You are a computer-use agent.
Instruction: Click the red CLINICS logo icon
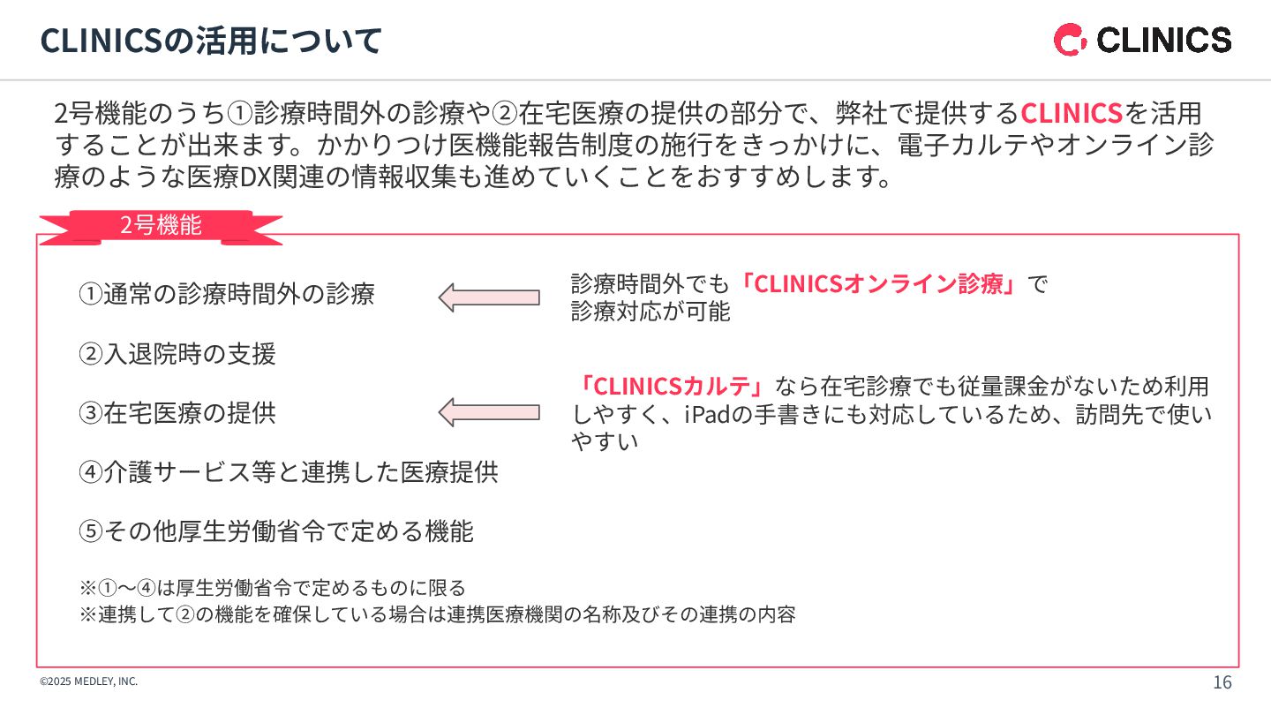click(x=1071, y=41)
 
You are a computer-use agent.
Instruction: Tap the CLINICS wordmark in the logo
click(x=1163, y=41)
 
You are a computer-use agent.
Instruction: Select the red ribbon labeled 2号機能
click(x=161, y=226)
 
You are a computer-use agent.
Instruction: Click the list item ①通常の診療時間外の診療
click(x=227, y=294)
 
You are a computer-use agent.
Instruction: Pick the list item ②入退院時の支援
click(x=177, y=354)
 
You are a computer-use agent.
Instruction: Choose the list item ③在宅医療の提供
click(x=177, y=413)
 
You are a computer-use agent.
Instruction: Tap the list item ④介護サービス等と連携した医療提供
click(x=289, y=472)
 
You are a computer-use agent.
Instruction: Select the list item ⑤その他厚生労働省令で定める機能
click(x=276, y=531)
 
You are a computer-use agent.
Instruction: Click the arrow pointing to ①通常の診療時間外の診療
click(x=489, y=297)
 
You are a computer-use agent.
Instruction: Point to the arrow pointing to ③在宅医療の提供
click(x=489, y=411)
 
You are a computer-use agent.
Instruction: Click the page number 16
click(x=1222, y=682)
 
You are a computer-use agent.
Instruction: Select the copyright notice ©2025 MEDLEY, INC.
click(x=89, y=681)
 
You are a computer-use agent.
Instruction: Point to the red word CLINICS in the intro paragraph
click(x=1071, y=114)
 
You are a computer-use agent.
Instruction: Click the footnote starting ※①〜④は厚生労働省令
click(x=272, y=588)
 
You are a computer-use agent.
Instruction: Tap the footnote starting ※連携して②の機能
click(x=438, y=614)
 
